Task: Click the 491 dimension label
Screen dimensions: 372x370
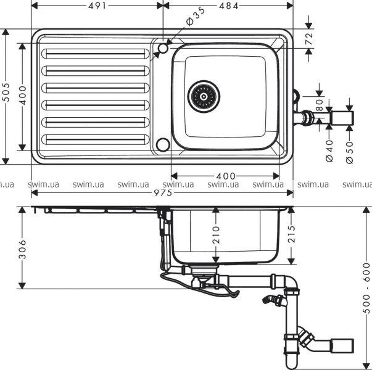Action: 97,6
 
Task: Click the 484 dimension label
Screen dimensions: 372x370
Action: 229,6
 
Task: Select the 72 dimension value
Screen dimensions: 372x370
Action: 309,38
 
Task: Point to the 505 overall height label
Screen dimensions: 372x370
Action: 6,92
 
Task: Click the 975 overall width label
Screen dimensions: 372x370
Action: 163,193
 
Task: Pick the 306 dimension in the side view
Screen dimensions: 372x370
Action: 22,249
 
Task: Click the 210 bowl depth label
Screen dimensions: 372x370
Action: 216,235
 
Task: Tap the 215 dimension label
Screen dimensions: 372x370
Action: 291,234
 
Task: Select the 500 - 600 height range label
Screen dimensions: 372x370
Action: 367,288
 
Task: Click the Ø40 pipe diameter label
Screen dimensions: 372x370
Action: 329,151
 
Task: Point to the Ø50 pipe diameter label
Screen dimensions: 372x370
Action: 349,152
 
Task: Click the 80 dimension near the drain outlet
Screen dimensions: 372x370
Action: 320,105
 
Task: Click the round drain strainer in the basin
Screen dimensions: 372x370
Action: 204,96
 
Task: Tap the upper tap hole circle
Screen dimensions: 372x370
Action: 163,48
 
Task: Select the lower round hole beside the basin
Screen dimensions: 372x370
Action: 163,144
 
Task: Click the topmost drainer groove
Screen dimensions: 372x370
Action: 96,54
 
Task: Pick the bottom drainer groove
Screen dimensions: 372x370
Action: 96,140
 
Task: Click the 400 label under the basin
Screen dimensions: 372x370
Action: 226,176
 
